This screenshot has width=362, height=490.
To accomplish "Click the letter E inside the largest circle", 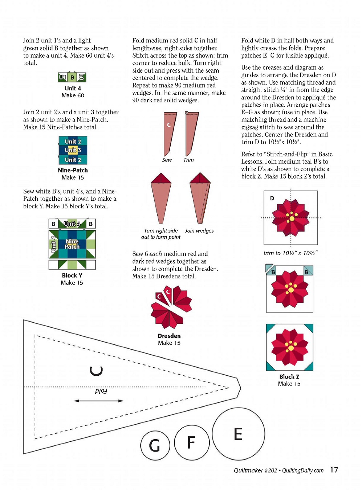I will [238, 434].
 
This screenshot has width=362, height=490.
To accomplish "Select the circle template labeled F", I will [191, 442].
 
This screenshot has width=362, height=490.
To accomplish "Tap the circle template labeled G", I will [155, 445].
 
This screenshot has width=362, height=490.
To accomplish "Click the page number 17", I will [334, 470].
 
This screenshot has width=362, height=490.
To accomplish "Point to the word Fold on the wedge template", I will [101, 391].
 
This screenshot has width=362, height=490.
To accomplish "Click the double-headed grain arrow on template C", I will [98, 401].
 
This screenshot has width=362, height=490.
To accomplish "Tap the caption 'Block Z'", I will [289, 377].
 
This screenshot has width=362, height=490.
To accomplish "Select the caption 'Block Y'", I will [72, 275].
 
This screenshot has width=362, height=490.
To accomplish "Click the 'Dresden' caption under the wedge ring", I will [169, 336].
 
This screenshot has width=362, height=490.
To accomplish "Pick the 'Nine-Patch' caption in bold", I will [73, 170].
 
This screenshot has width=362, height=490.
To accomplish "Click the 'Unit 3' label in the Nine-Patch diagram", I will [73, 150].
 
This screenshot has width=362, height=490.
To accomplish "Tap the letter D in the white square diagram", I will [272, 198].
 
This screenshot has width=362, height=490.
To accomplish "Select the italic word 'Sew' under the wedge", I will [167, 160].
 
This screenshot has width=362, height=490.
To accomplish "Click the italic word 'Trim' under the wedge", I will [188, 160].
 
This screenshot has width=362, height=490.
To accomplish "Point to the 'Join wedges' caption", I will [199, 230].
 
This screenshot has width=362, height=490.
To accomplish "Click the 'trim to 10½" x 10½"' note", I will [290, 253].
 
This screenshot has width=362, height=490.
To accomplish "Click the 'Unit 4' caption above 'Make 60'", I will [73, 88].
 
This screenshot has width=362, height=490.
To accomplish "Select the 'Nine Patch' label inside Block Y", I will [72, 244].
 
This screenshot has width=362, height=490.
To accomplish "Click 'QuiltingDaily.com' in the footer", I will [303, 470].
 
